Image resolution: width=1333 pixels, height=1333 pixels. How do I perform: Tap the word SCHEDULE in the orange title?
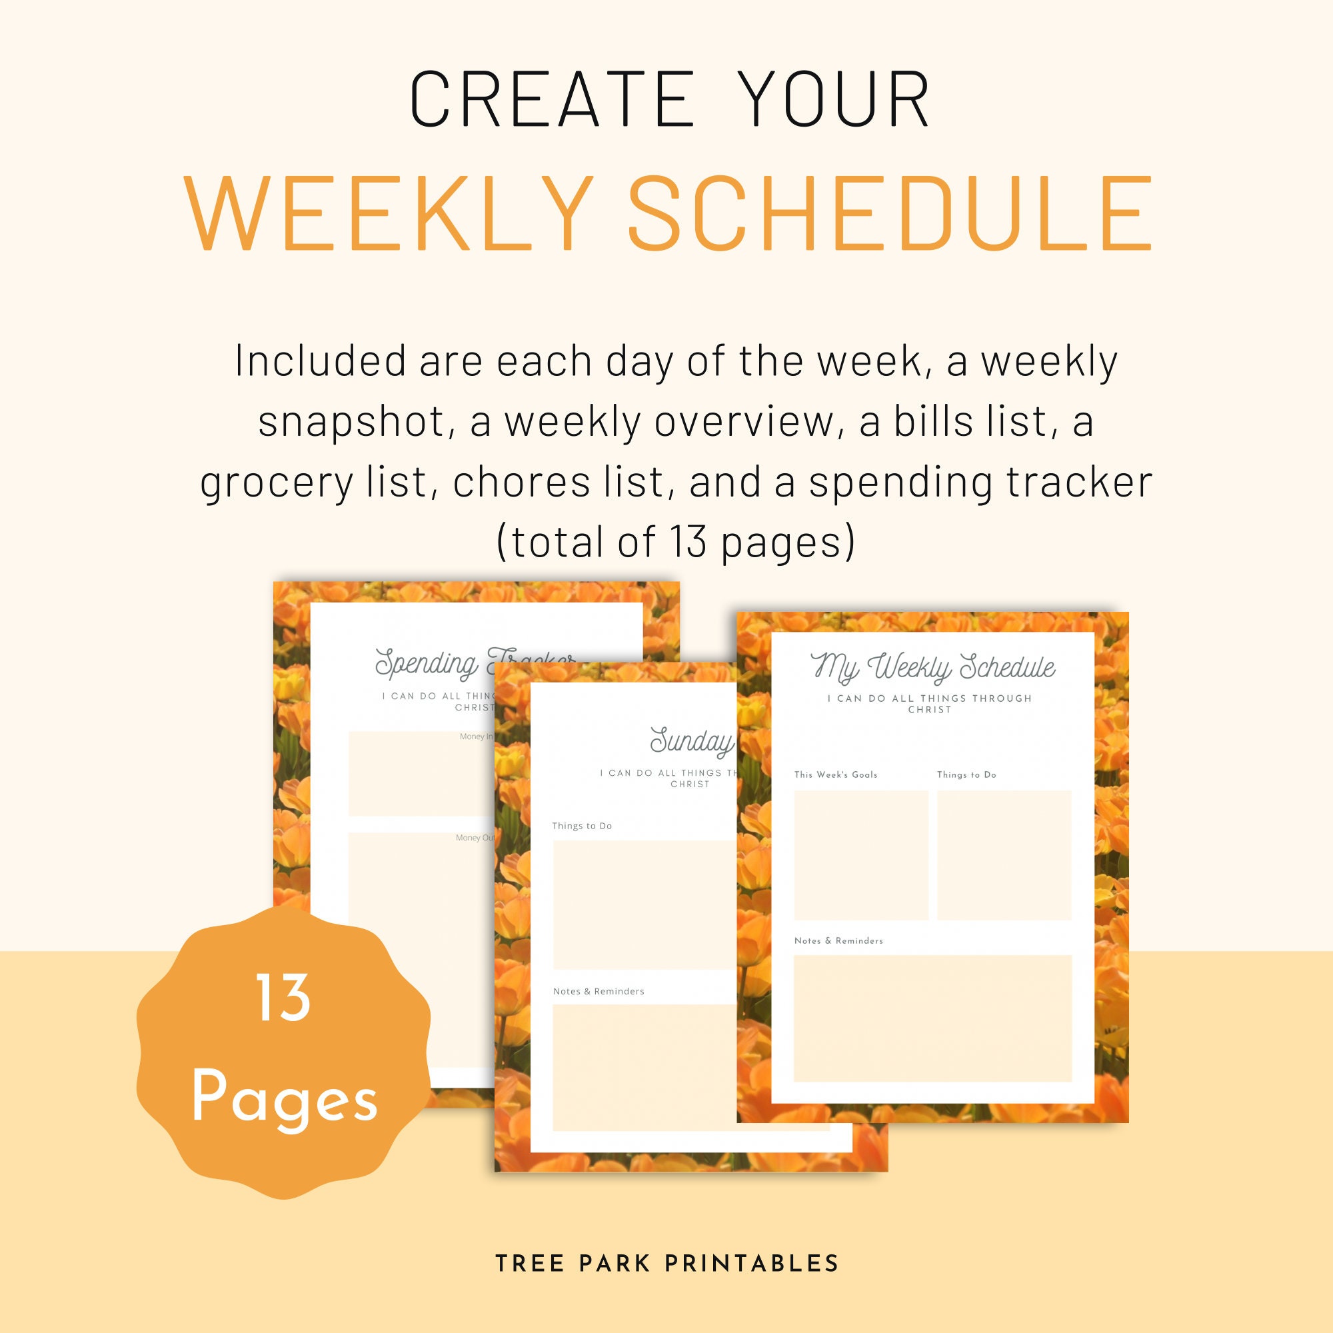tap(890, 214)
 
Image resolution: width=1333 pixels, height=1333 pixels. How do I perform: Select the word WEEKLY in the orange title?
tap(389, 214)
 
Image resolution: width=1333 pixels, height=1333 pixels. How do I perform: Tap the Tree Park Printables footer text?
tap(666, 1263)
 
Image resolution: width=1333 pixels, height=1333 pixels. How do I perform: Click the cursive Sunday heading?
tap(691, 742)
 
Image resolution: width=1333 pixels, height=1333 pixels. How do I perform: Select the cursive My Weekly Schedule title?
tap(932, 666)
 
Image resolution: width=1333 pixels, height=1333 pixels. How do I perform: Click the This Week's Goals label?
tap(836, 775)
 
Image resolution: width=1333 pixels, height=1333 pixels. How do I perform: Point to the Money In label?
tap(476, 737)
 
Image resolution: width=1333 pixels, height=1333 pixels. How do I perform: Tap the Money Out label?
tap(475, 838)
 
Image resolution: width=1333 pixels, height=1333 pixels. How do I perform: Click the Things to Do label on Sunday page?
tap(582, 826)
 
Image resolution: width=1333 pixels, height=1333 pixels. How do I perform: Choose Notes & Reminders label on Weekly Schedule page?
tap(838, 940)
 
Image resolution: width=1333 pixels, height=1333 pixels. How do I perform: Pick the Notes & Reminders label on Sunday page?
tap(599, 992)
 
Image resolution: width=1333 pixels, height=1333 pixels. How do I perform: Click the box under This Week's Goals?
tap(860, 855)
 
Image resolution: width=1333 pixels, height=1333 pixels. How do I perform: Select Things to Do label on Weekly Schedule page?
tap(966, 775)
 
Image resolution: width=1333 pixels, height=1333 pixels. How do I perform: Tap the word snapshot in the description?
tap(351, 422)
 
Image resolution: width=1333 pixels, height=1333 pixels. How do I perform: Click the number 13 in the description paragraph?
tap(688, 542)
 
